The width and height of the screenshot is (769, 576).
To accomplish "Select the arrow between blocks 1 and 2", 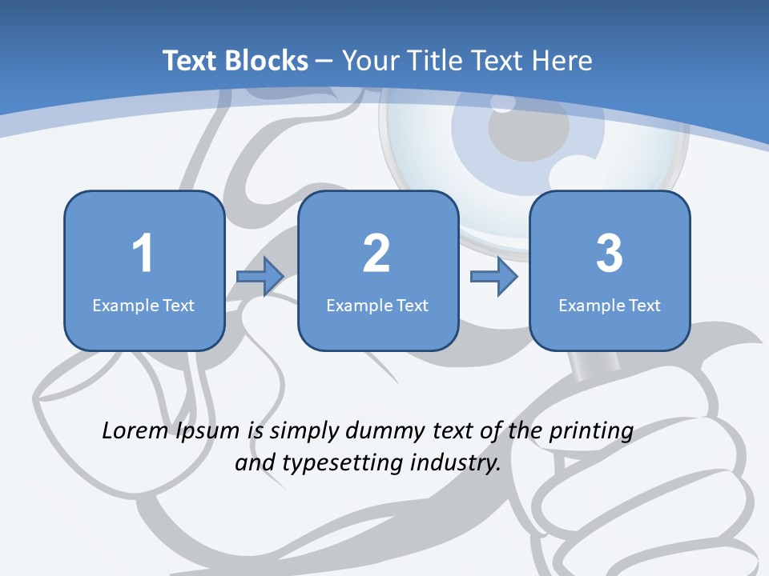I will tap(260, 277).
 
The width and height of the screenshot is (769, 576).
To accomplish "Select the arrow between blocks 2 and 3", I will tap(493, 277).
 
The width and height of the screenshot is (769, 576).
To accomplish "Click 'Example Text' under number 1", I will tap(143, 305).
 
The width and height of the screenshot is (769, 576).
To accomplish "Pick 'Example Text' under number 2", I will tap(377, 305).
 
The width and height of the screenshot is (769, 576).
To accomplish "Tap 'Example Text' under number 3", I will tap(610, 305).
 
